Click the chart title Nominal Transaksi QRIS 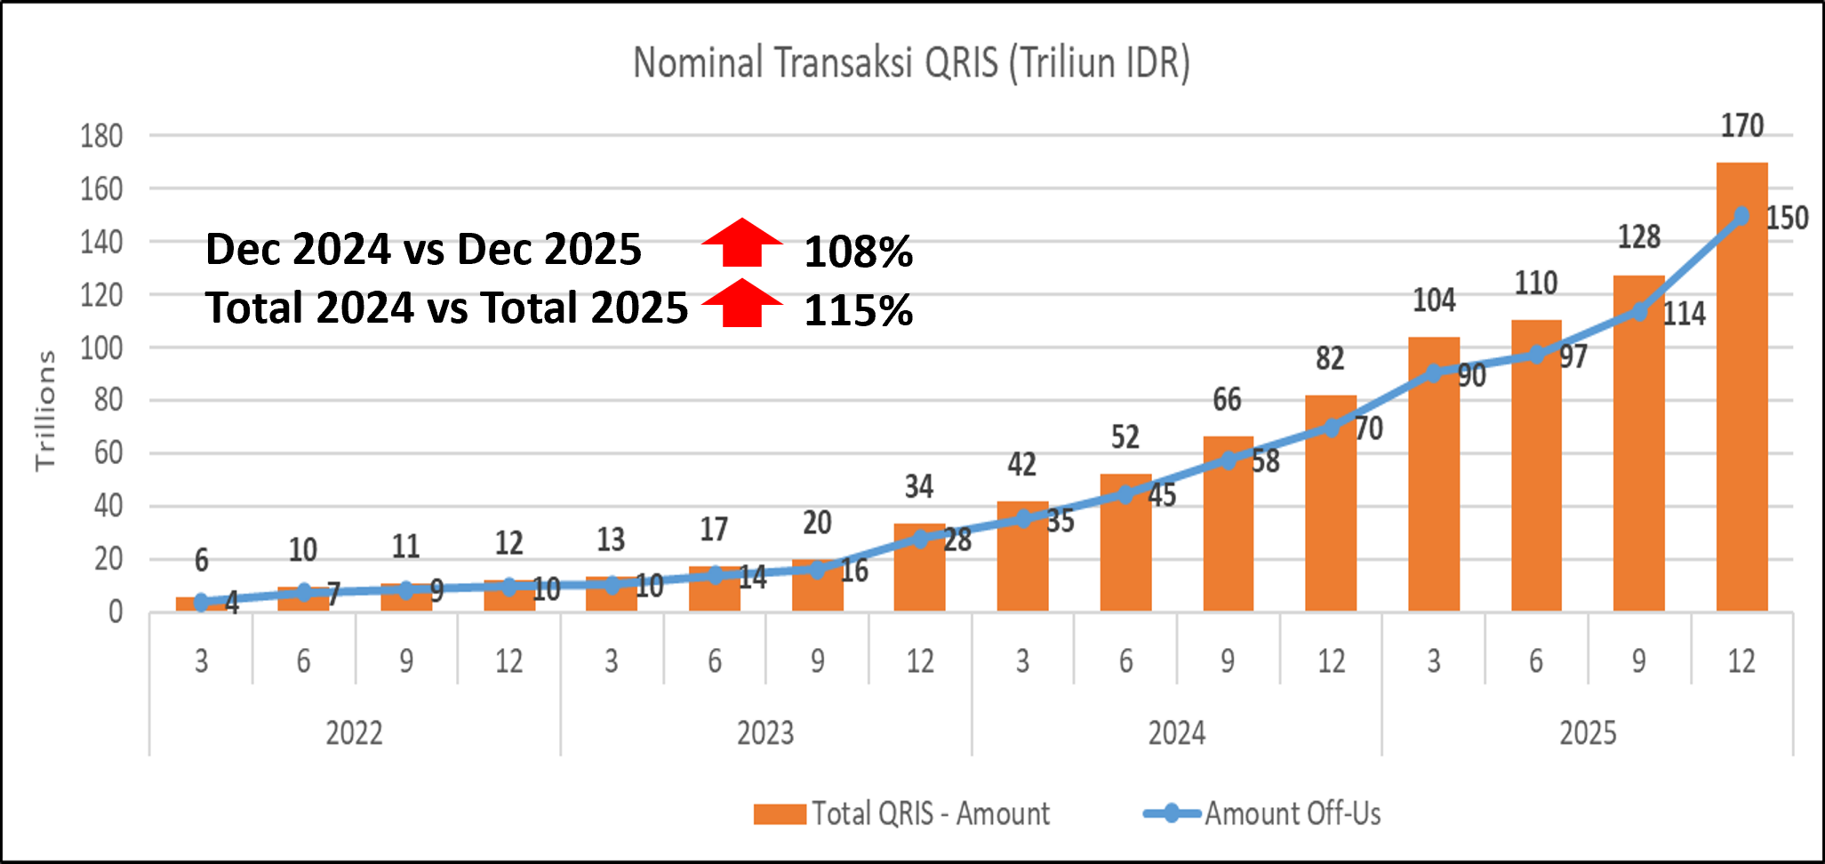911,63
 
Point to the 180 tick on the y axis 101,136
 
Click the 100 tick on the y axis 101,348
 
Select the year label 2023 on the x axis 765,733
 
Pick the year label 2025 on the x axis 1588,733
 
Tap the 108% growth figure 858,252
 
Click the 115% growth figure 858,310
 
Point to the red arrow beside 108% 742,243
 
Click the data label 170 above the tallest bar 1741,126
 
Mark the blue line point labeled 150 1741,216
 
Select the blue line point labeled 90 1433,373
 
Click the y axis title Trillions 45,410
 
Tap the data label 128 1638,237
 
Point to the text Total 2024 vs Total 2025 446,308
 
